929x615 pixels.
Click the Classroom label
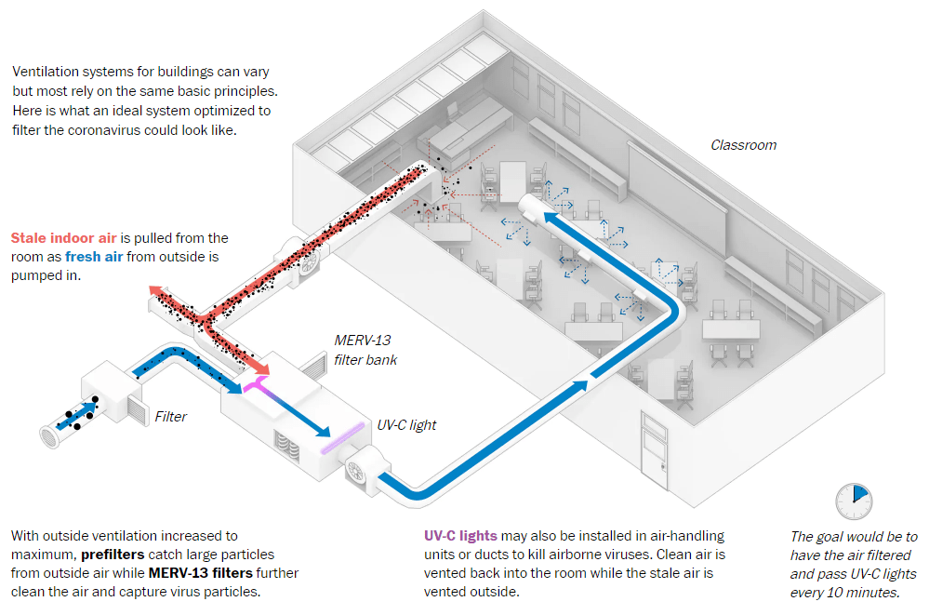743,145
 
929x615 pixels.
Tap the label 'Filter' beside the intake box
171,417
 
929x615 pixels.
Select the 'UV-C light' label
406,425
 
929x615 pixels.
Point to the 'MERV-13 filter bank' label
365,351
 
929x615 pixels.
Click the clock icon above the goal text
853,501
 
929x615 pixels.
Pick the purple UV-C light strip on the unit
339,436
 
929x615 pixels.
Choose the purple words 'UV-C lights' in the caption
460,537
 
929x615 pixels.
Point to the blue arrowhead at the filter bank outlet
323,431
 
